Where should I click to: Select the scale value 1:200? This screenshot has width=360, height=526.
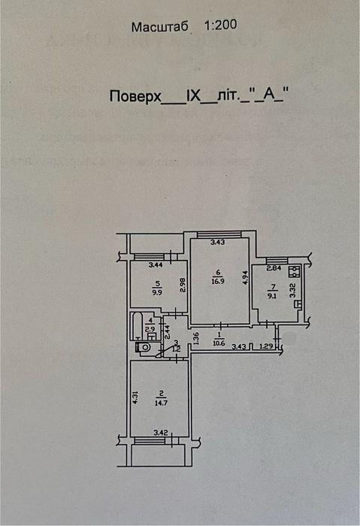pyautogui.click(x=221, y=25)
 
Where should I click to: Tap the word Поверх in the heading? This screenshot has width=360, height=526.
pyautogui.click(x=135, y=97)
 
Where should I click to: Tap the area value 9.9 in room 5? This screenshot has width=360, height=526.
pyautogui.click(x=157, y=294)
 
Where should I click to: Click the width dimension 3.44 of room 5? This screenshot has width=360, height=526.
pyautogui.click(x=156, y=265)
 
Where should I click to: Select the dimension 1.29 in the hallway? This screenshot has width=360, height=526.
pyautogui.click(x=265, y=346)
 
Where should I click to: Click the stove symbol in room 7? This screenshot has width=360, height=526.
pyautogui.click(x=296, y=273)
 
